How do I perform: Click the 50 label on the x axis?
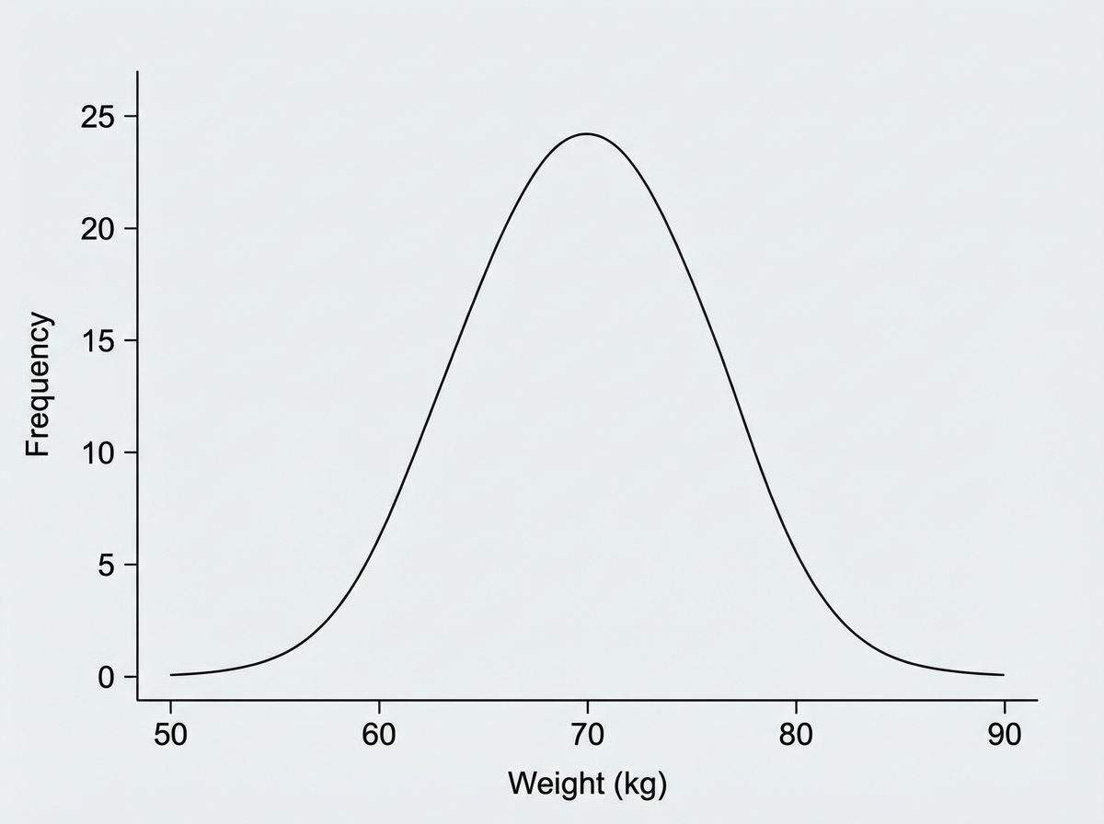[x=170, y=736]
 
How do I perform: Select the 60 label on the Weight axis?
[x=379, y=736]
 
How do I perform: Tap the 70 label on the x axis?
[x=587, y=736]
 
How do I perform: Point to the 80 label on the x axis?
[x=795, y=736]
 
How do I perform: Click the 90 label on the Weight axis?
[x=1004, y=736]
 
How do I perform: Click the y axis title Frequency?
[x=38, y=384]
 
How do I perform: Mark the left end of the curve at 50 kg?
[x=172, y=675]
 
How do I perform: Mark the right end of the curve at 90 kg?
[x=1003, y=675]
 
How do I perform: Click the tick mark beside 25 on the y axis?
[x=131, y=117]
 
